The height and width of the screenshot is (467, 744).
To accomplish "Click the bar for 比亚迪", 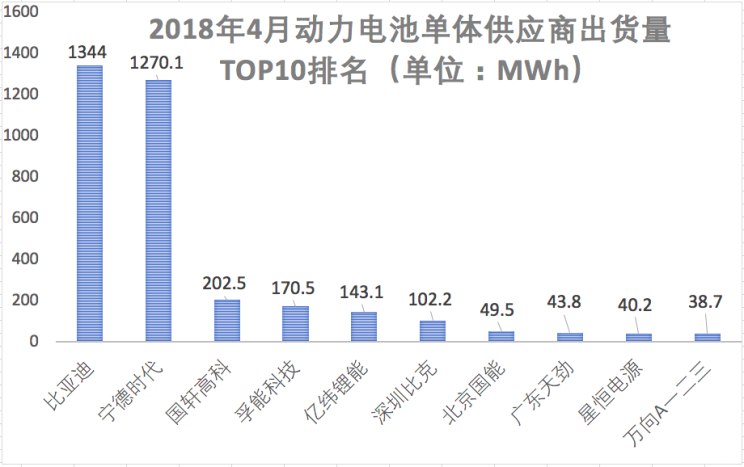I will [x=89, y=203].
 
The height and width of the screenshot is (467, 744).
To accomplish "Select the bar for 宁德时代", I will [x=158, y=210].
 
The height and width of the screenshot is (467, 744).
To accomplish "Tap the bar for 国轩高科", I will [x=227, y=320].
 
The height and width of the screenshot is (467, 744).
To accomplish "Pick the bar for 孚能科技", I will [x=295, y=324].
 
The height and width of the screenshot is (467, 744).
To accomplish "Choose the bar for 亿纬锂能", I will [x=364, y=327].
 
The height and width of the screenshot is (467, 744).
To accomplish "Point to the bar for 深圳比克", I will [x=433, y=331].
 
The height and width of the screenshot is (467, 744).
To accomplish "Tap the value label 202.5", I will [x=227, y=282].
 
